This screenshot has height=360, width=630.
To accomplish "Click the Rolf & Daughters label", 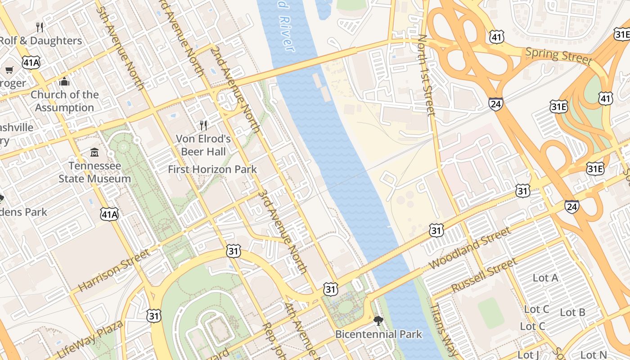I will [40, 40].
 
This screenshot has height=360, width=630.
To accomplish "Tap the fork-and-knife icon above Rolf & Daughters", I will [40, 27].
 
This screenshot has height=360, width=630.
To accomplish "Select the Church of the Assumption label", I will [64, 101].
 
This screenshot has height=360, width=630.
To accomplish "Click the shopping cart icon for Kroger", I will [9, 70].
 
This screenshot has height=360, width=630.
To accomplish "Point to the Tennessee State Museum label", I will [94, 172].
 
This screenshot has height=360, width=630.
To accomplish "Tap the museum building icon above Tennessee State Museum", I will [94, 153].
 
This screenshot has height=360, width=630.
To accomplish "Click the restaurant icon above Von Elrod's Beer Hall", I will [203, 125].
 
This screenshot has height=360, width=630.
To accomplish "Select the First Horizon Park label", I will [212, 169].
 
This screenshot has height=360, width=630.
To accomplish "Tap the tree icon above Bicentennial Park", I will [378, 320].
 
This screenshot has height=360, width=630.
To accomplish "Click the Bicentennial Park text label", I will [378, 334].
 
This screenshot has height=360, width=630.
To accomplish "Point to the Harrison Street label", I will [114, 270].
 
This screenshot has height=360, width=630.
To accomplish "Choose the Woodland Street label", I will [470, 248].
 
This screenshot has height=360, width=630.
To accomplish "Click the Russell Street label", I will [484, 275].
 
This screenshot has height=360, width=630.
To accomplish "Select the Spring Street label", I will [558, 55].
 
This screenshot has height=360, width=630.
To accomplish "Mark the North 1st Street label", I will [426, 75].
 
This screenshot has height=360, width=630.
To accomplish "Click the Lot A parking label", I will [545, 278].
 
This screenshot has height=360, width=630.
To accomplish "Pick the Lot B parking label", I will [572, 312].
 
